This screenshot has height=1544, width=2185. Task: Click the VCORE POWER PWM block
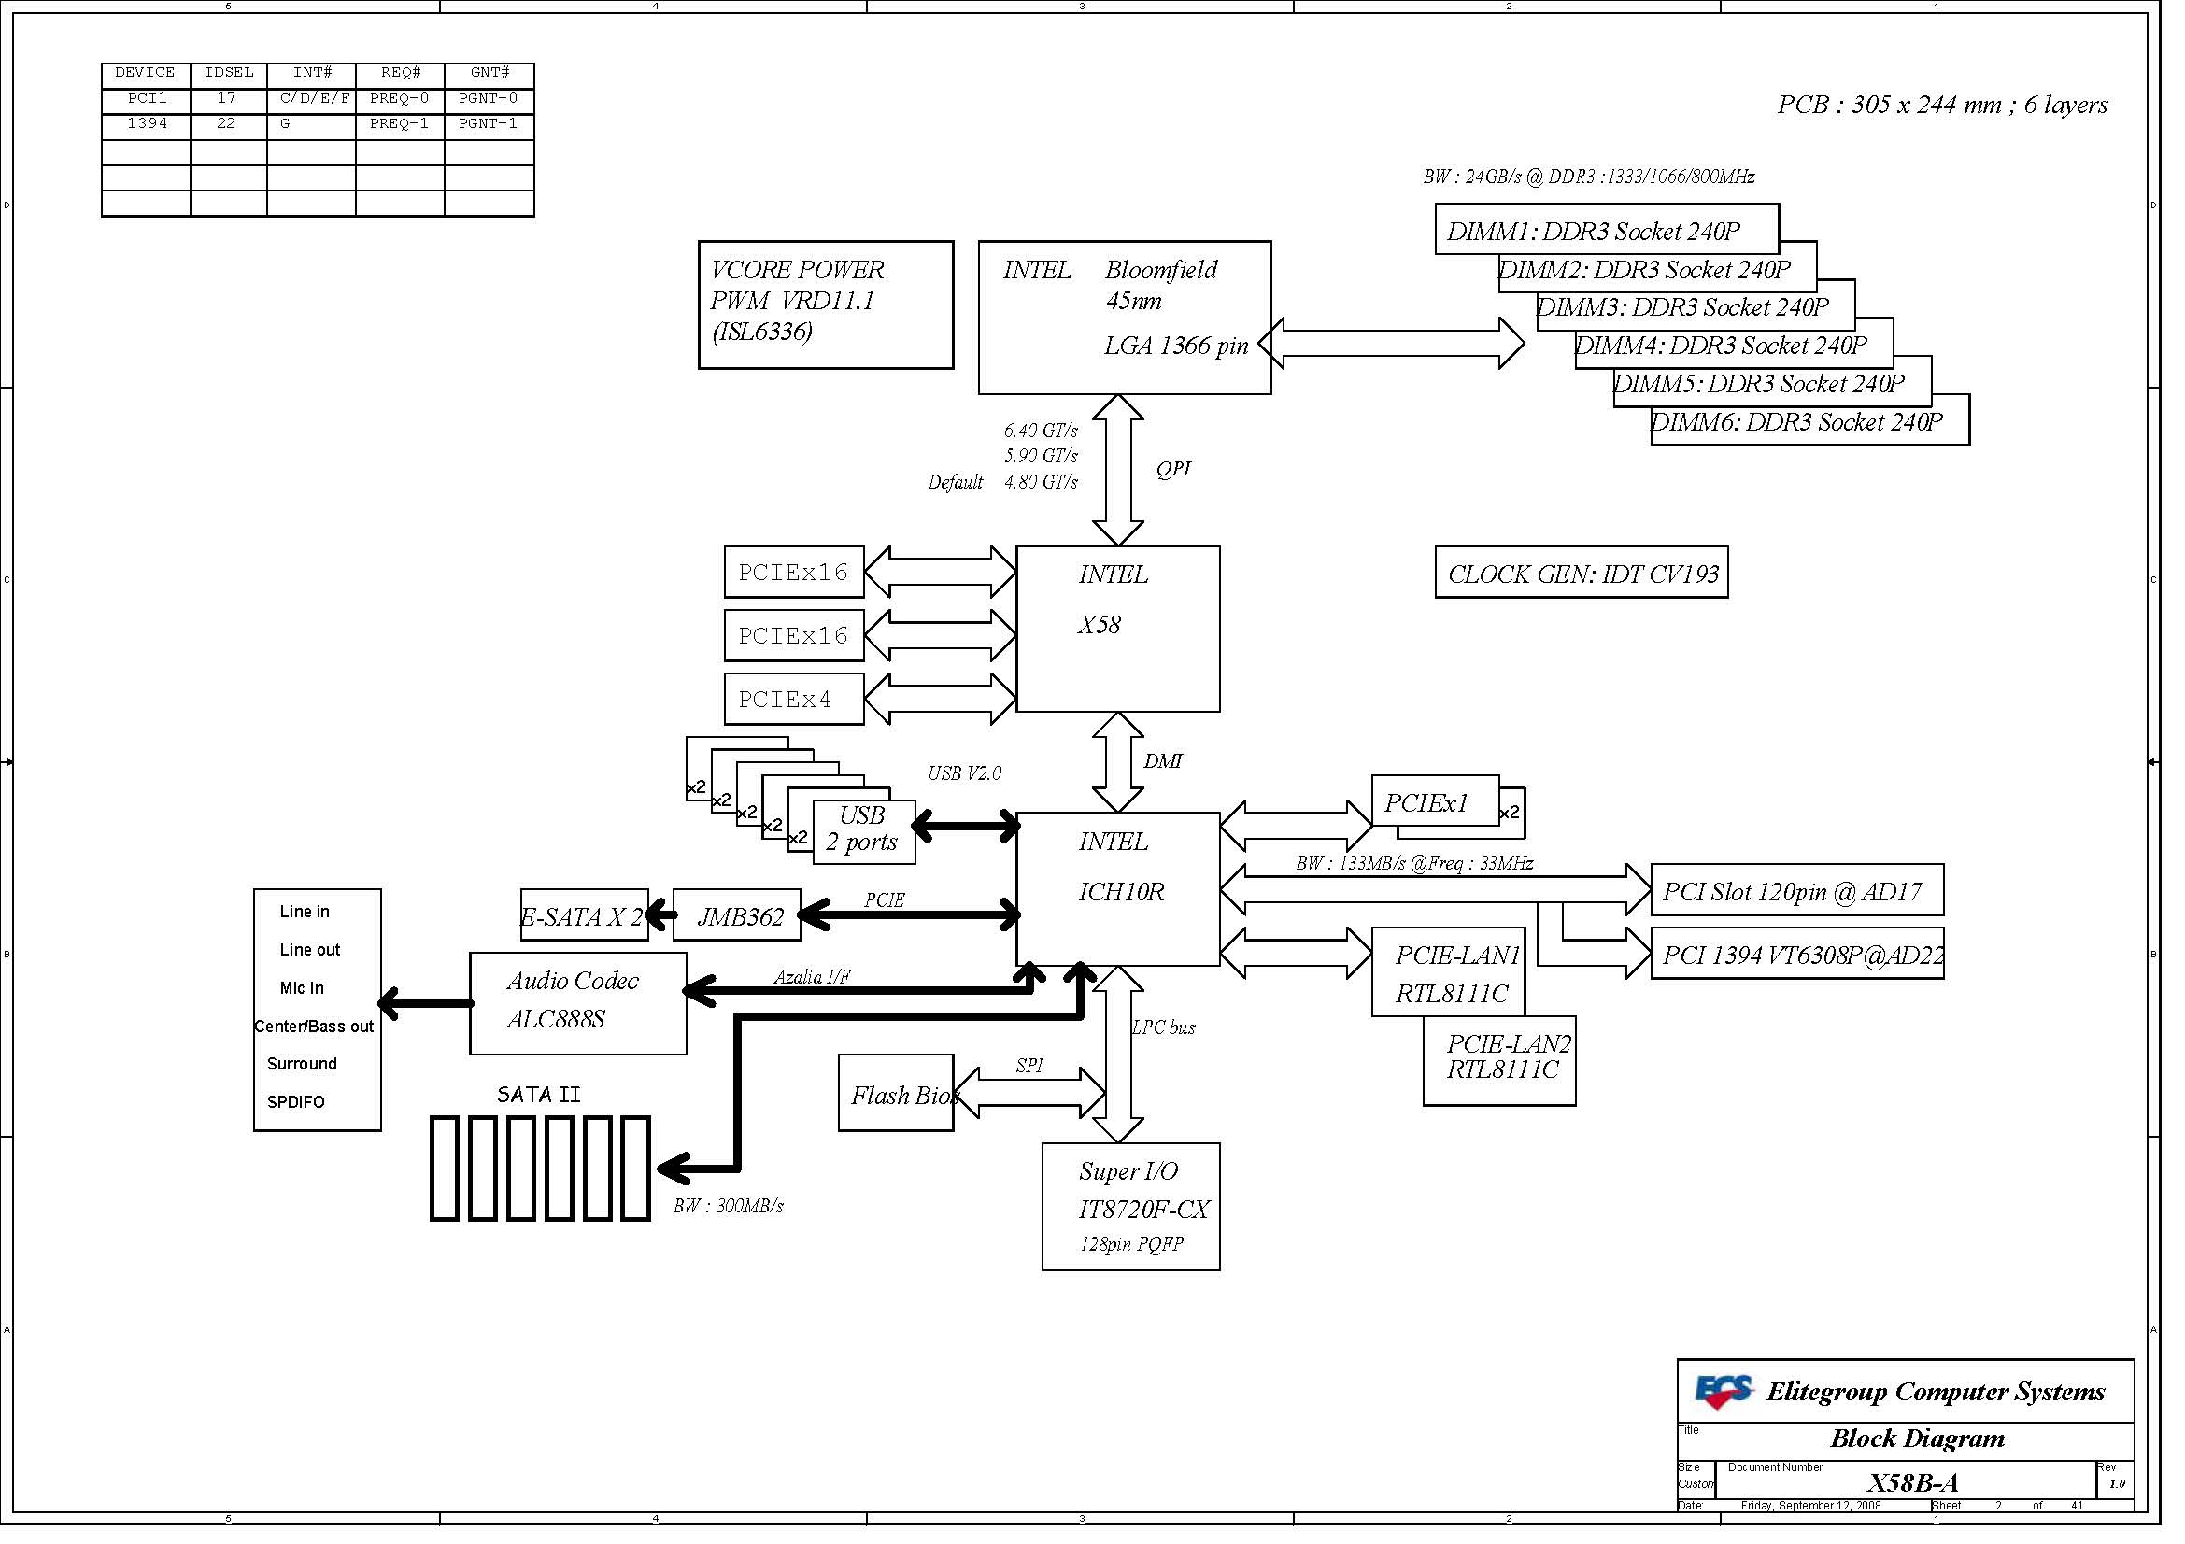pos(826,305)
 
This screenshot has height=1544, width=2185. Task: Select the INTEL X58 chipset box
pos(1118,629)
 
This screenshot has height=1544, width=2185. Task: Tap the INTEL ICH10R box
pos(1118,889)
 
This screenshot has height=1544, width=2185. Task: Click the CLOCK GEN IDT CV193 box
pos(1582,573)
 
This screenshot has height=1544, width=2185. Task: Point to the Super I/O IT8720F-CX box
pos(1131,1206)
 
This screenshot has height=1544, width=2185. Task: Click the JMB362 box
pos(738,915)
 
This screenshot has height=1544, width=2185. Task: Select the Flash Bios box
pos(897,1093)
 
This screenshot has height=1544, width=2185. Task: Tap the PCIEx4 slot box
pos(795,700)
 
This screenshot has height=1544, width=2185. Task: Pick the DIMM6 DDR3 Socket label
pos(1797,422)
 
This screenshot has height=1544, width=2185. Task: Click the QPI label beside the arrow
pos(1173,468)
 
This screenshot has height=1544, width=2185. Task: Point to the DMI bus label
pos(1163,761)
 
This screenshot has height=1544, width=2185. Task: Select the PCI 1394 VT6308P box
pos(1797,954)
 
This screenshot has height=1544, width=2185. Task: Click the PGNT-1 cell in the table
pos(489,123)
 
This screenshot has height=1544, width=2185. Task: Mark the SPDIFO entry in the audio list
pos(296,1101)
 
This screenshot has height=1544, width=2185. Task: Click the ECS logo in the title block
pos(1724,1392)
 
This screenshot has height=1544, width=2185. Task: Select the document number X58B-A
pos(1913,1482)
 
